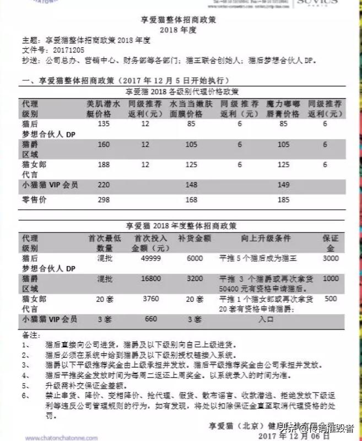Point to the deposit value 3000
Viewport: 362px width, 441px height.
click(x=331, y=258)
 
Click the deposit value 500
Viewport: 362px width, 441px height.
click(x=331, y=299)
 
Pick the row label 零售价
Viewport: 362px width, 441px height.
click(x=34, y=199)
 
